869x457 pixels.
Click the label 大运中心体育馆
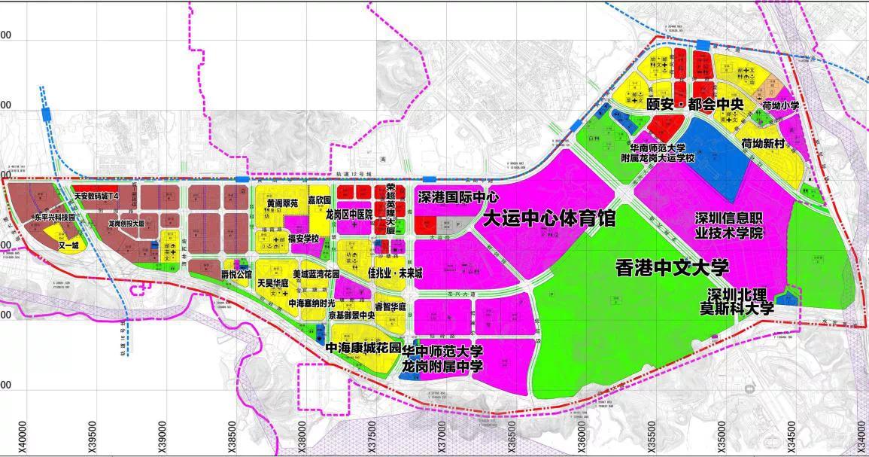549,219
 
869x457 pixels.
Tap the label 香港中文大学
672,268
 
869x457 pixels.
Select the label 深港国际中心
458,197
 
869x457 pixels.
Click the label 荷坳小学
779,106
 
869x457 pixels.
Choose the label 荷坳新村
763,142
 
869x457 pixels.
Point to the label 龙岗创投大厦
126,224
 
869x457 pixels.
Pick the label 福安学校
304,239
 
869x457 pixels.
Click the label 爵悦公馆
236,274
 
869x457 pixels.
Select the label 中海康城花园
363,349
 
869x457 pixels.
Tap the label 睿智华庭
390,306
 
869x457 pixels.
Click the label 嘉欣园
319,201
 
